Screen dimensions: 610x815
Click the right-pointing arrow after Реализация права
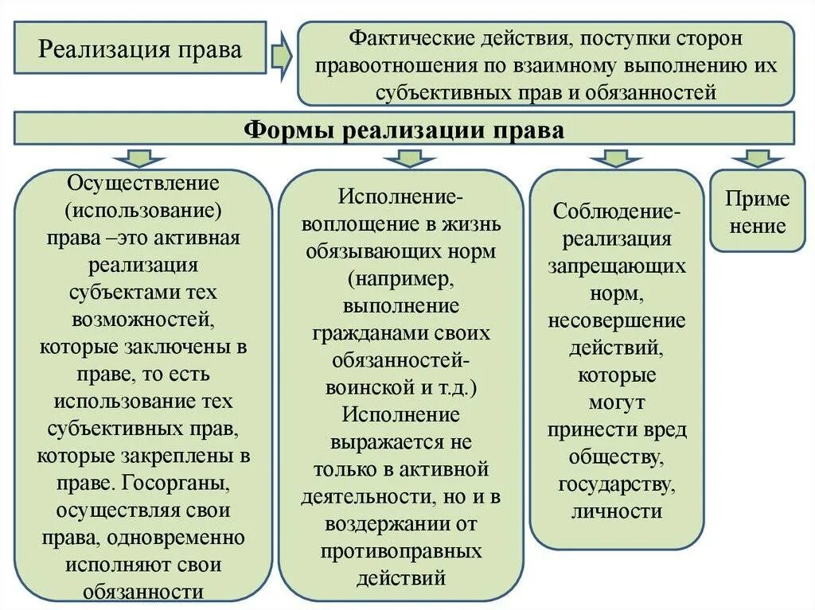[279, 56]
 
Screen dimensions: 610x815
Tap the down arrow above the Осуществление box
[143, 157]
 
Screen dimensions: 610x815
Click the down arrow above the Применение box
[757, 157]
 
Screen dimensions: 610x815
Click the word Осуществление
[143, 184]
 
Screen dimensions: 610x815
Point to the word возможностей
[143, 319]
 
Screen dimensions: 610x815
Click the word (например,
[401, 279]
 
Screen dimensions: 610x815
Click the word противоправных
[401, 550]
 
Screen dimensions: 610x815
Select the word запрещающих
[616, 266]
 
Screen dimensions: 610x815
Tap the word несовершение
[616, 320]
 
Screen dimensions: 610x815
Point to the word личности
[616, 510]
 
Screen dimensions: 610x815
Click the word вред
[666, 429]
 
